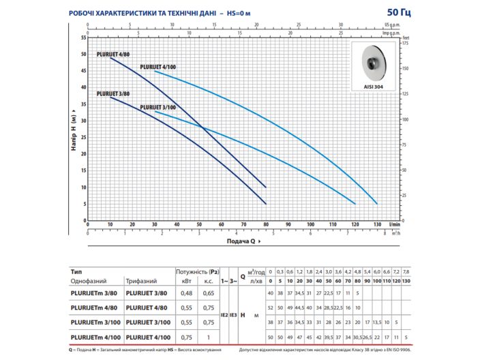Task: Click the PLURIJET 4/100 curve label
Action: pyautogui.click(x=158, y=66)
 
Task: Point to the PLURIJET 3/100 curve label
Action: pyautogui.click(x=158, y=108)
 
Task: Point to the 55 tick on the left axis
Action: pyautogui.click(x=82, y=37)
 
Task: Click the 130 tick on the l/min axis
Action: pyautogui.click(x=377, y=224)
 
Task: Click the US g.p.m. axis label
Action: pyautogui.click(x=391, y=25)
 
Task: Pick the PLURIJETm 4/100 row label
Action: pyautogui.click(x=93, y=335)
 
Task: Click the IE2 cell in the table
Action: pyautogui.click(x=224, y=314)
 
